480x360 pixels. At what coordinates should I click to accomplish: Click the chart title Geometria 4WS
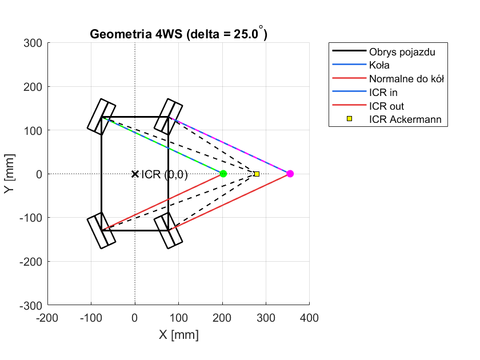click(x=179, y=34)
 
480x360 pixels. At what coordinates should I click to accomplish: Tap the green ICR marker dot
click(x=223, y=174)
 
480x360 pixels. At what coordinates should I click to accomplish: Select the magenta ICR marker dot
click(x=290, y=174)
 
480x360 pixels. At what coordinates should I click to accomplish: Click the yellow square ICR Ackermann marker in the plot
click(x=257, y=174)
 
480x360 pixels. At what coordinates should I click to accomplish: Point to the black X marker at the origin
click(x=135, y=174)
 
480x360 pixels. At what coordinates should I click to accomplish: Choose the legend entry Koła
click(x=381, y=65)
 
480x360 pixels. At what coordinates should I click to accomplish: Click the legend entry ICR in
click(x=383, y=93)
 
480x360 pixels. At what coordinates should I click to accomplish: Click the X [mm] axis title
click(x=179, y=335)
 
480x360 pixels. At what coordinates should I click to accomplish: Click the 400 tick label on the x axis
click(x=309, y=318)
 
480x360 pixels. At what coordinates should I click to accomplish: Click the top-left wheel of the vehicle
click(x=101, y=117)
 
